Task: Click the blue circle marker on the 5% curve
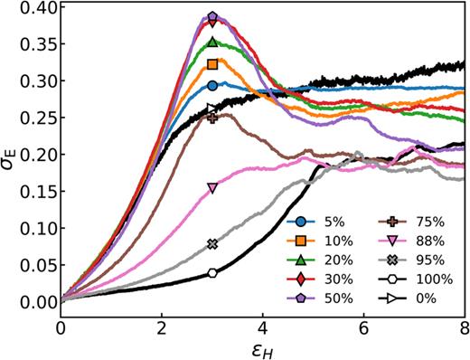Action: (x=212, y=85)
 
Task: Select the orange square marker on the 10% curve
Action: (x=212, y=64)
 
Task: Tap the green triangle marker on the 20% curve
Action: (x=212, y=42)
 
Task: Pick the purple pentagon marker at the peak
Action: (x=212, y=16)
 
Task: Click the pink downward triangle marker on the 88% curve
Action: (x=212, y=188)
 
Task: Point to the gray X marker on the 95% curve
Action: (x=212, y=244)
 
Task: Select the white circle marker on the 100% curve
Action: (x=212, y=273)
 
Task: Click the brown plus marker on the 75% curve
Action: (x=212, y=118)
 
